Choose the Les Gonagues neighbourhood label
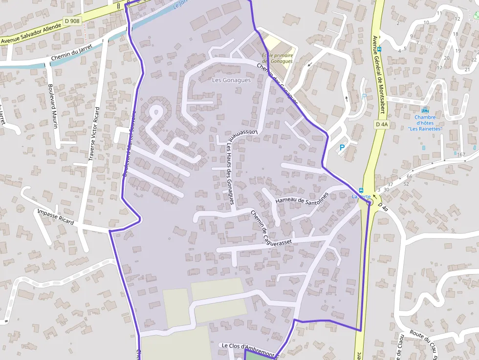(x=231, y=80)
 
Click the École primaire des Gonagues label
(x=278, y=58)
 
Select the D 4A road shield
(x=382, y=125)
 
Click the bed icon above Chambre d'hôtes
(x=424, y=110)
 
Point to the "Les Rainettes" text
(x=425, y=129)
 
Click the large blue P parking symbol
(x=342, y=147)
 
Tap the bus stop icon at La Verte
(x=361, y=190)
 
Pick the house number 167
(x=461, y=154)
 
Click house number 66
(x=409, y=176)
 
